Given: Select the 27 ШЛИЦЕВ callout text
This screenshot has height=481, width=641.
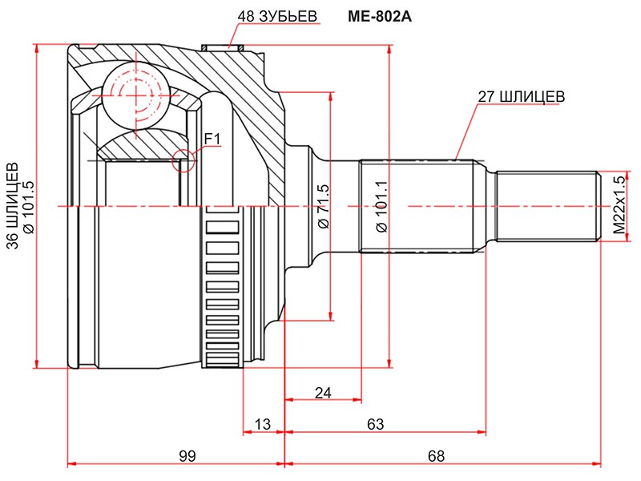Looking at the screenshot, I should point(522,96).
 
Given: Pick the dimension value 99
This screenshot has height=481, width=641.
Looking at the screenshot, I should point(187,456).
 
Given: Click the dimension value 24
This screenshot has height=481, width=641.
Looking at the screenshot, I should point(322,392).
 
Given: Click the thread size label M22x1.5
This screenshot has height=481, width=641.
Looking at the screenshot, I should point(619,206).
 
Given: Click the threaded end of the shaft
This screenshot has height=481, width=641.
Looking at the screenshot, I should point(547,206).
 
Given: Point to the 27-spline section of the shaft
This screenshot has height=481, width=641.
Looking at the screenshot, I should point(416,206).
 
